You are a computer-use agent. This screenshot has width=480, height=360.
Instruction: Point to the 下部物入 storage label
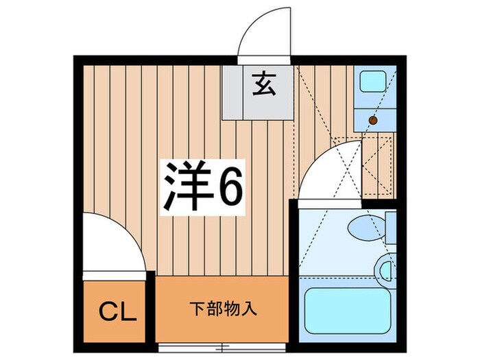[223, 308]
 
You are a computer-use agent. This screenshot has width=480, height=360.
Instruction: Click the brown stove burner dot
[374, 121]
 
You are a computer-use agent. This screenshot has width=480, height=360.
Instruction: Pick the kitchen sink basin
[374, 82]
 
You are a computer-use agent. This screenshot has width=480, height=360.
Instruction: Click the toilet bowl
[363, 226]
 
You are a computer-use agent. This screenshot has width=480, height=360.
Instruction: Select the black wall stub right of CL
[150, 302]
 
